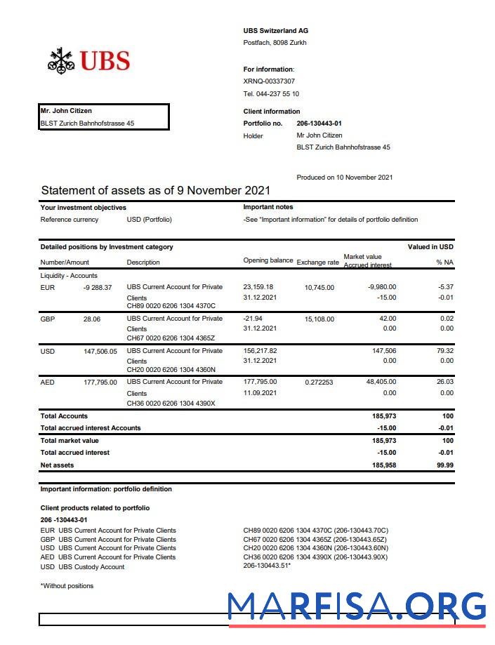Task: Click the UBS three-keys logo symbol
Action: point(61,60)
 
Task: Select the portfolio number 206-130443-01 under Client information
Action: point(319,124)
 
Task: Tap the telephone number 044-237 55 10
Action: point(271,94)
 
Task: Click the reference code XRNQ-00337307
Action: point(269,81)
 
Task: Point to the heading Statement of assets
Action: point(155,191)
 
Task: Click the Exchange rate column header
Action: point(317,262)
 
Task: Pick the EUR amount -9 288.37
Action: point(97,287)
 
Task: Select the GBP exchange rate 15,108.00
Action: point(319,319)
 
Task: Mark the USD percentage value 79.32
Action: point(444,351)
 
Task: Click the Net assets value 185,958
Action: point(383,465)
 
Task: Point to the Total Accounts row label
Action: point(64,416)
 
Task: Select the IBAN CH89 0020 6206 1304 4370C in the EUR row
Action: point(171,306)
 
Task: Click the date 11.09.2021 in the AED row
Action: point(260,394)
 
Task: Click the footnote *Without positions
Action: point(67,586)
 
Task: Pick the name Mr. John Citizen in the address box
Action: point(66,111)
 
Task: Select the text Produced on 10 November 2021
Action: point(344,178)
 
